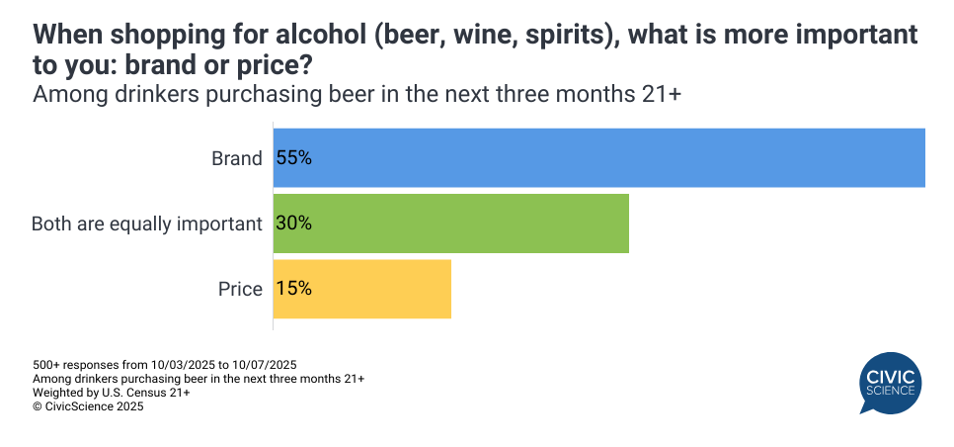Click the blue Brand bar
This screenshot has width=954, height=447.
[598, 157]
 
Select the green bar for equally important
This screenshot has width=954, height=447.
[450, 223]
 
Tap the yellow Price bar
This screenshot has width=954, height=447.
[361, 289]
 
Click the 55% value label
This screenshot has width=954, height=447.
[294, 157]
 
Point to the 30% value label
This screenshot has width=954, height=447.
[294, 223]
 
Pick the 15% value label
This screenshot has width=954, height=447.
[294, 289]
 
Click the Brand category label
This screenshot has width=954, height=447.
[237, 158]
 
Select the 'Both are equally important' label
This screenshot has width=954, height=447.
[147, 223]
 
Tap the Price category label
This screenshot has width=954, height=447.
[240, 290]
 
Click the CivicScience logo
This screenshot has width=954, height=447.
[890, 384]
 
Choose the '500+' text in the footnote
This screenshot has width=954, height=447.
[47, 364]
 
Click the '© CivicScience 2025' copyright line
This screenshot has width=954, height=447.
[89, 405]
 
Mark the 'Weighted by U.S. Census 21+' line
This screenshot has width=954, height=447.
[112, 392]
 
